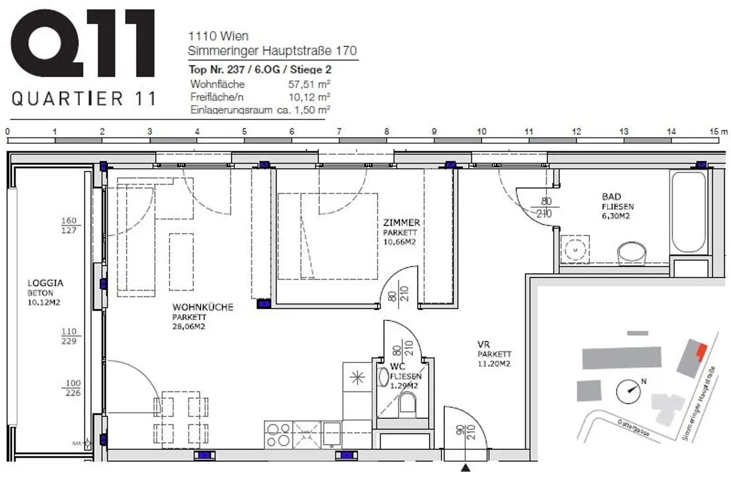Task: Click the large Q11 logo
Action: coord(83,43)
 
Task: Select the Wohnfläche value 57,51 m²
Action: coord(309,84)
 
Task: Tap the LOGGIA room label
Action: coord(45,283)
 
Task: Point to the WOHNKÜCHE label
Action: coord(203,307)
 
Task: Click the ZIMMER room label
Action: coord(401,223)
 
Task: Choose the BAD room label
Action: coord(611,197)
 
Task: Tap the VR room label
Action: coord(484,345)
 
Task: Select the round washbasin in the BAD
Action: coord(632,253)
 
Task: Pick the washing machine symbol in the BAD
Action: coord(575,249)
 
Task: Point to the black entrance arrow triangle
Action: coord(465,468)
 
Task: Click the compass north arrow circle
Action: coord(628,391)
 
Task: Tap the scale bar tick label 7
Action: coord(339,132)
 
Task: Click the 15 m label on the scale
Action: coord(718,132)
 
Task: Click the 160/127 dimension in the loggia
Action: coord(69,225)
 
